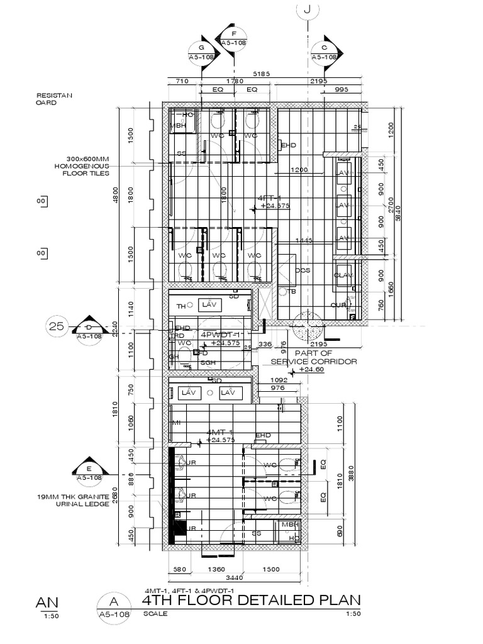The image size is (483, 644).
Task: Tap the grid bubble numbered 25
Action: point(57,326)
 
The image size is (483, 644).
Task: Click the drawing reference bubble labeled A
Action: point(113,608)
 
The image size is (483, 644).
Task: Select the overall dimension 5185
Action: point(261,74)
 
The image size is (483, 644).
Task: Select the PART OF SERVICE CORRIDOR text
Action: point(313,357)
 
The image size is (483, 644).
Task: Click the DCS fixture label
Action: point(303,270)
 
